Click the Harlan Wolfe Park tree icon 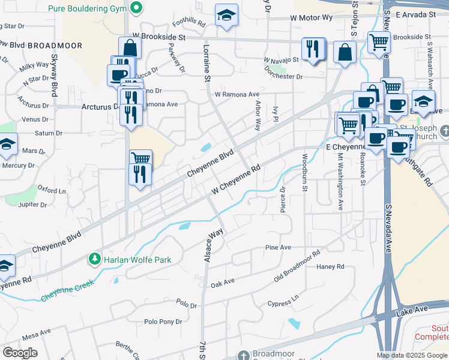(x=94, y=259)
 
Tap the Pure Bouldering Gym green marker (x=137, y=8)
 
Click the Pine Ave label (x=278, y=247)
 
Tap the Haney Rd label (x=330, y=266)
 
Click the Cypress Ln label (x=283, y=301)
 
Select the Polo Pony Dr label (x=163, y=322)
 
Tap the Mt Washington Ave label (x=340, y=181)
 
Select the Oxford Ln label (x=52, y=191)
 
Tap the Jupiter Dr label (x=32, y=205)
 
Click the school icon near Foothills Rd (x=226, y=16)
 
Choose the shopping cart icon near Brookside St (x=379, y=43)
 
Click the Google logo (x=20, y=353)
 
